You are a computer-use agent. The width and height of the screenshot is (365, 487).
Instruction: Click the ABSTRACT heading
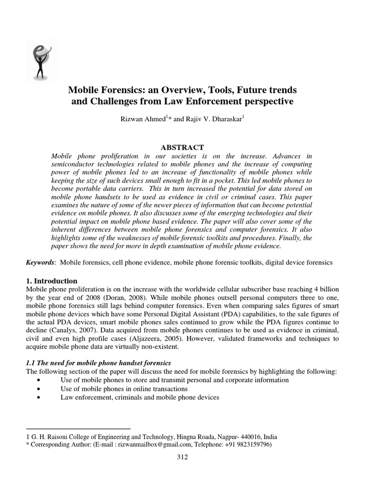tap(182, 147)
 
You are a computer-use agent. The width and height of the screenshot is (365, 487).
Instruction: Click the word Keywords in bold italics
tap(40, 262)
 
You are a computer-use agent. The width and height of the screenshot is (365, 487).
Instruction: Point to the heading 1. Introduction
tap(51, 281)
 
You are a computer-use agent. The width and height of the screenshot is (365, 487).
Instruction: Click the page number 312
tap(182, 458)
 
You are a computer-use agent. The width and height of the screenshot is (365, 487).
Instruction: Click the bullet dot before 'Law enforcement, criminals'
tap(38, 397)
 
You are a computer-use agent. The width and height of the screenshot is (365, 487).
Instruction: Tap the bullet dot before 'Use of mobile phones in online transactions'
tap(38, 389)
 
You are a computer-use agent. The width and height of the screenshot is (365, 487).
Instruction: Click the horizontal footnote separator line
tap(78, 429)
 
